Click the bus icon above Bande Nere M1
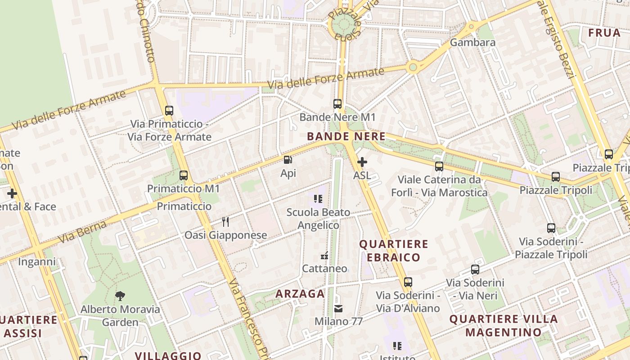(337, 104)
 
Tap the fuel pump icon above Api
(288, 160)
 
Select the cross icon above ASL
(362, 162)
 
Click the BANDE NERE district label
(346, 136)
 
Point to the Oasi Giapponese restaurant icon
(225, 221)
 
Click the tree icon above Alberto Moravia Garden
(120, 296)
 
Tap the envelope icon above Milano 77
(338, 309)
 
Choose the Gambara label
(472, 42)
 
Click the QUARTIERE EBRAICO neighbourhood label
(393, 251)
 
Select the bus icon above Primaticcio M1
(184, 175)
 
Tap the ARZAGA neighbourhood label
(300, 294)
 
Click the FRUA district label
(604, 33)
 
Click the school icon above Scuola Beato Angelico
(318, 198)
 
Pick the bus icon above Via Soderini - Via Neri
(475, 270)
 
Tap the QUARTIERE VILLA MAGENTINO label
(504, 326)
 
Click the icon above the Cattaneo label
(324, 256)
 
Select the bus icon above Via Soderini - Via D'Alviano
(408, 282)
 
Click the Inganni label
(37, 261)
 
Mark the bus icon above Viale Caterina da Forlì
(439, 166)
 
